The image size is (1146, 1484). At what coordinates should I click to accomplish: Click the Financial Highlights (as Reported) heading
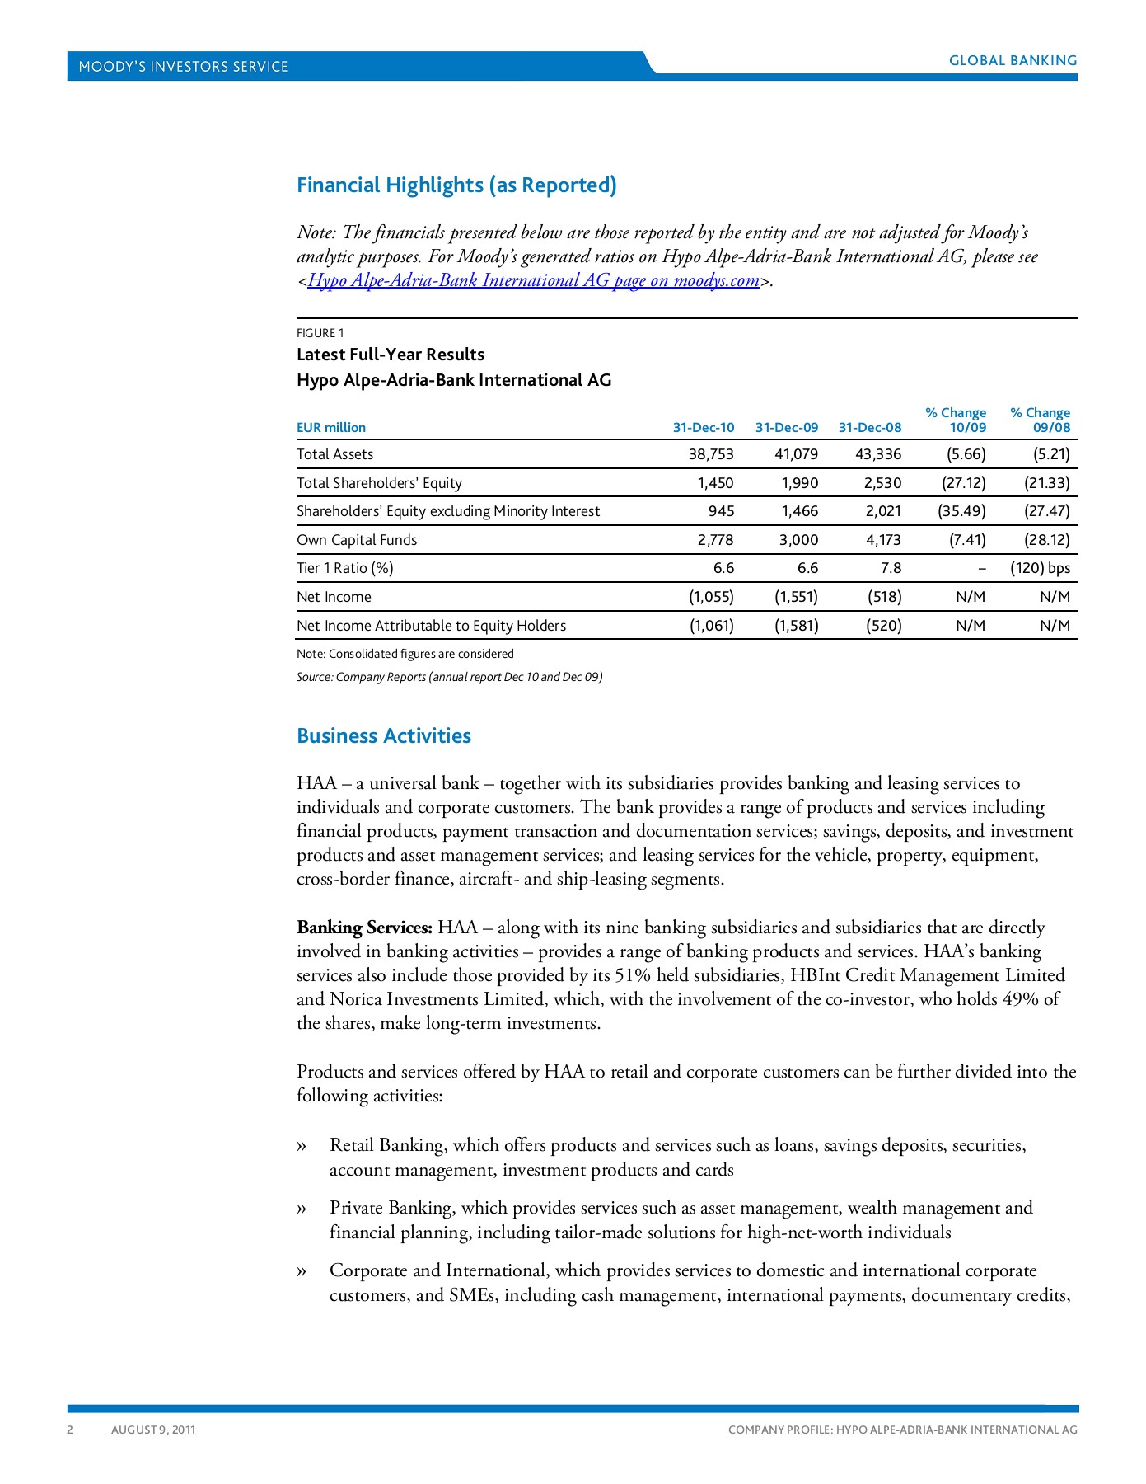pos(456,185)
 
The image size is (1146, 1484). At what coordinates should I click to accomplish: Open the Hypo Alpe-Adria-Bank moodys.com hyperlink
pos(533,280)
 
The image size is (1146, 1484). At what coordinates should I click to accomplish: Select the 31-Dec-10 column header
pos(703,427)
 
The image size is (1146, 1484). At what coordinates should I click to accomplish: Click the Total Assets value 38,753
pos(710,454)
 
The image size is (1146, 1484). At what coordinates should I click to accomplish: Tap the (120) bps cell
pos(1040,568)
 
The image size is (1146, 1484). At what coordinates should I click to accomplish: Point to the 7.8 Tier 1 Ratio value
pos(891,568)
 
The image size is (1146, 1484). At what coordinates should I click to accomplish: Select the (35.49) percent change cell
pos(961,511)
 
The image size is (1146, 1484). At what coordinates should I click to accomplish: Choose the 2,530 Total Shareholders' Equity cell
pos(882,483)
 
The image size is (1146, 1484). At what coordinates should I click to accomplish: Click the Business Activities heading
pos(384,735)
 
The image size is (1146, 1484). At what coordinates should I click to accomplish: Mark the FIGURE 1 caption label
pos(320,333)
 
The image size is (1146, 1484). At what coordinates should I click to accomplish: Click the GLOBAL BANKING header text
pos(1013,60)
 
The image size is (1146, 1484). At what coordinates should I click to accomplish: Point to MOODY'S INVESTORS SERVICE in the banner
pos(183,67)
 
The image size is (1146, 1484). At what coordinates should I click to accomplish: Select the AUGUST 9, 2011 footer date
pos(153,1430)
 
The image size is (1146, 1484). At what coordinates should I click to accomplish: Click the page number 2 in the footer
pos(70,1430)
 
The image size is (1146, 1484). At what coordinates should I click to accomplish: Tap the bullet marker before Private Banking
pos(302,1209)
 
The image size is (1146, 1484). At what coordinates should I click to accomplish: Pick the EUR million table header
pos(331,427)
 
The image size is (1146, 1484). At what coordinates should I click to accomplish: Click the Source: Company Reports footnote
pos(449,677)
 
